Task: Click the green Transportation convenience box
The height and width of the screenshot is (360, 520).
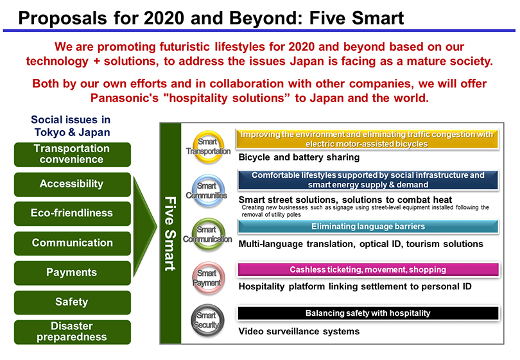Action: (73, 155)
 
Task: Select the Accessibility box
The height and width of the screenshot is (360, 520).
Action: (73, 184)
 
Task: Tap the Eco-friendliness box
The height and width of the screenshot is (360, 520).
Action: (73, 214)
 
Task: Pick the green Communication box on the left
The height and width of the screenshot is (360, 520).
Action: (73, 243)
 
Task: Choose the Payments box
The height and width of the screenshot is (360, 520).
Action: (73, 273)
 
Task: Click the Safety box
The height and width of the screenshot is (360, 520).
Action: (73, 302)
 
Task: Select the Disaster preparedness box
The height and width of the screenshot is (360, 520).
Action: (73, 332)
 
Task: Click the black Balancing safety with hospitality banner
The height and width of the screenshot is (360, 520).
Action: (368, 313)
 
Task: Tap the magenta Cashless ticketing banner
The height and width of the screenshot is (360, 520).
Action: (368, 270)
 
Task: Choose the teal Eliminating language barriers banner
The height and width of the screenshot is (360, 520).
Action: (368, 227)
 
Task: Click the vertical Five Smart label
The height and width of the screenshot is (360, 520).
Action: (171, 234)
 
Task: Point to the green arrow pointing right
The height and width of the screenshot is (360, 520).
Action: (145, 227)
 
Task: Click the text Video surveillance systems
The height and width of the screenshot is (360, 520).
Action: (299, 332)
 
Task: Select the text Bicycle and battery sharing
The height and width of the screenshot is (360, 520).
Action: (299, 157)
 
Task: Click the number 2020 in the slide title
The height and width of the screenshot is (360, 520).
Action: (164, 18)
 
